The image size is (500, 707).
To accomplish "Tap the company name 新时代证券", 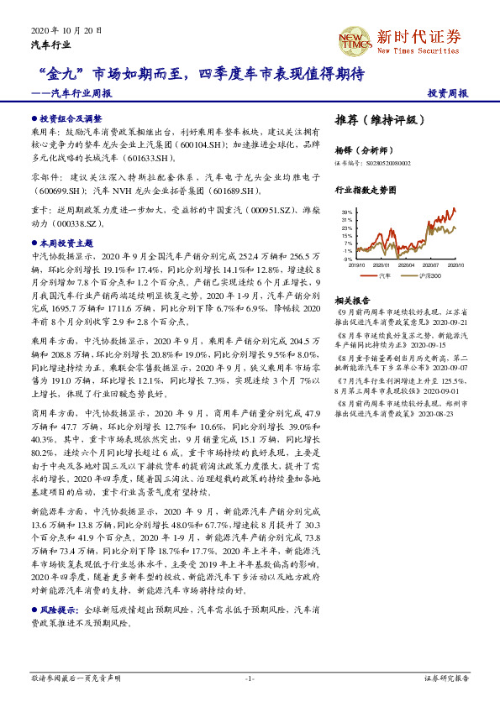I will pos(419,36).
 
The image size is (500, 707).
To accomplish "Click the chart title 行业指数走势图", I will pos(364,191).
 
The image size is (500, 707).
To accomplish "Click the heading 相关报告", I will pos(351,300).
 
